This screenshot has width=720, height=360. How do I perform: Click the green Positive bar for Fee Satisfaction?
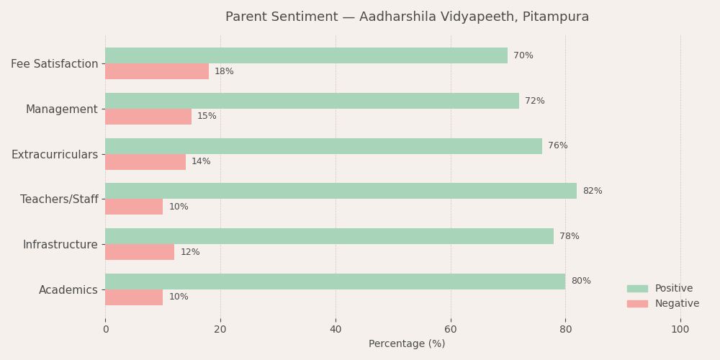coord(306,55)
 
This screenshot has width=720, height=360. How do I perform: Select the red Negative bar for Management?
coord(148,117)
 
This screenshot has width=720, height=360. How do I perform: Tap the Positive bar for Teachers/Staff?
coord(341,191)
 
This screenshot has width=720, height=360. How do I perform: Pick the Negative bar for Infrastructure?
coord(140,252)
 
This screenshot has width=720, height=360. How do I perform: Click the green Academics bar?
coord(335,282)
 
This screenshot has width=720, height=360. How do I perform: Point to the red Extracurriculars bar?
coord(145,162)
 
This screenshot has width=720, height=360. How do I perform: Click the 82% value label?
coord(592,192)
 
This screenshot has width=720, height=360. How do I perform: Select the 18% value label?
coord(224,72)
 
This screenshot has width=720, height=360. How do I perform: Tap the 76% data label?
coord(557,146)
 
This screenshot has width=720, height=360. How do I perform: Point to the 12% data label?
coord(190,253)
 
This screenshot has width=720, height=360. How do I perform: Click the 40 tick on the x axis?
coord(336,330)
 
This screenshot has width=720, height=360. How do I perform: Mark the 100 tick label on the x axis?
coord(680,330)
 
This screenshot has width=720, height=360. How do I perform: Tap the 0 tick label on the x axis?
coord(105,330)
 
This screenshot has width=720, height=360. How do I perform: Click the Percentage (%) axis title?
coord(407,344)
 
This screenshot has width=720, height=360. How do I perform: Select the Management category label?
coord(61,109)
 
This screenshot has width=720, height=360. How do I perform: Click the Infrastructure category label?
coord(60,245)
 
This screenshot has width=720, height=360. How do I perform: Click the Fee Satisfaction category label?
coord(54,64)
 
